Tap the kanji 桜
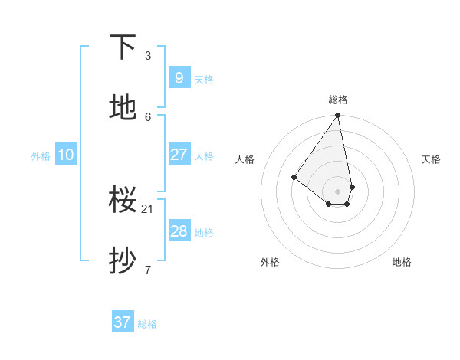pos(123,200)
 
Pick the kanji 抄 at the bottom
pos(123,261)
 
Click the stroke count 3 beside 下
pos(148,56)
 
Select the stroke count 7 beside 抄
pos(148,270)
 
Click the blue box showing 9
pos(179,78)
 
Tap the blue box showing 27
pos(179,155)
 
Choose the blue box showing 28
pos(179,231)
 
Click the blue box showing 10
pos(66,155)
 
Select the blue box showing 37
pos(123,322)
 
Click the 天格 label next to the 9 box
pos(204,80)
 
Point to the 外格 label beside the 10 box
pos(41,156)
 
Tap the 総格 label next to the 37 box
pos(147,324)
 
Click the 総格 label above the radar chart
pos(338,100)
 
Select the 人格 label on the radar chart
pos(245,159)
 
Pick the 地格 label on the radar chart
pos(402,262)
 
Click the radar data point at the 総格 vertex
pos(338,116)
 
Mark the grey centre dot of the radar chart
pos(338,191)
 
